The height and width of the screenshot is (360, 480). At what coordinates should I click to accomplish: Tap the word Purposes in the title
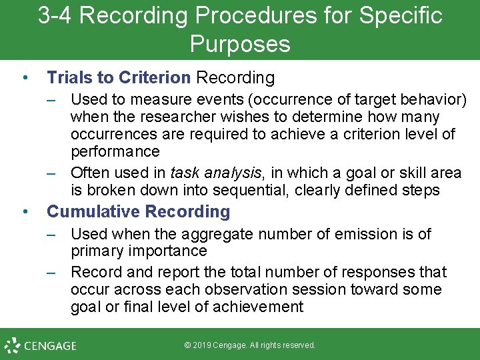click(240, 44)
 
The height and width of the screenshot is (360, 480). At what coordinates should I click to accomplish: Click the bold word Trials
click(70, 78)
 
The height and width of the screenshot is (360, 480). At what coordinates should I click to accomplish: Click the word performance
click(115, 151)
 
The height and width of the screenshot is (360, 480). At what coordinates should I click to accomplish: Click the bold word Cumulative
click(93, 212)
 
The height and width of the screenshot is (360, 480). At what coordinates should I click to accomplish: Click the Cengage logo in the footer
click(41, 345)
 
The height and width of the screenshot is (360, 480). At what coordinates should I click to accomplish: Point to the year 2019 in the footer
click(205, 345)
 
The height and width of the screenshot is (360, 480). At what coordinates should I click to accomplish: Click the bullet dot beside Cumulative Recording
click(25, 212)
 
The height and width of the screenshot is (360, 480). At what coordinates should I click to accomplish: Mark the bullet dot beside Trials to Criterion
click(25, 78)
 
